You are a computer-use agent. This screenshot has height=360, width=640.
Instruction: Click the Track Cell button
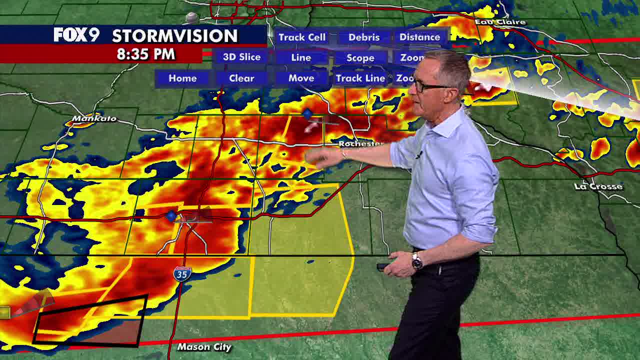302,37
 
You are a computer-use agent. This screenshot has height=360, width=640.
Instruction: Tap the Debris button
364,37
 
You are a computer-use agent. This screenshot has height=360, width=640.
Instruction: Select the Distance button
419,37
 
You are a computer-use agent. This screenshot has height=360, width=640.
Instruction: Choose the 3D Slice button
241,57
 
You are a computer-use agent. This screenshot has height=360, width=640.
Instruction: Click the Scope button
360,58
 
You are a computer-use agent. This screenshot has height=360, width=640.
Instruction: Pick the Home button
182,78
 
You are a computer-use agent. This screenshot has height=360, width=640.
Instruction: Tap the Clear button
241,78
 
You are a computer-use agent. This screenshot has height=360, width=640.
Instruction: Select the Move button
301,78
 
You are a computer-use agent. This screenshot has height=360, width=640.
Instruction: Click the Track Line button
360,78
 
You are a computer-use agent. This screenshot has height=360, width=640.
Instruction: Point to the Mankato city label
94,118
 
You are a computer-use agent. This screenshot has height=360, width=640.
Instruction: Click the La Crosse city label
598,186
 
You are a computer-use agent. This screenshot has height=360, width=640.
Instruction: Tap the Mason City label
204,347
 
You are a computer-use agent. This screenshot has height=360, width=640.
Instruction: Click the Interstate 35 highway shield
182,273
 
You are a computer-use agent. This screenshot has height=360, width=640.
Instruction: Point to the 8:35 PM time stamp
145,54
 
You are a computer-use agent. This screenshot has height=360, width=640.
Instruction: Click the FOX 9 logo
76,35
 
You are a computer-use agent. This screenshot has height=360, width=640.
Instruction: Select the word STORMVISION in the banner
174,35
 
